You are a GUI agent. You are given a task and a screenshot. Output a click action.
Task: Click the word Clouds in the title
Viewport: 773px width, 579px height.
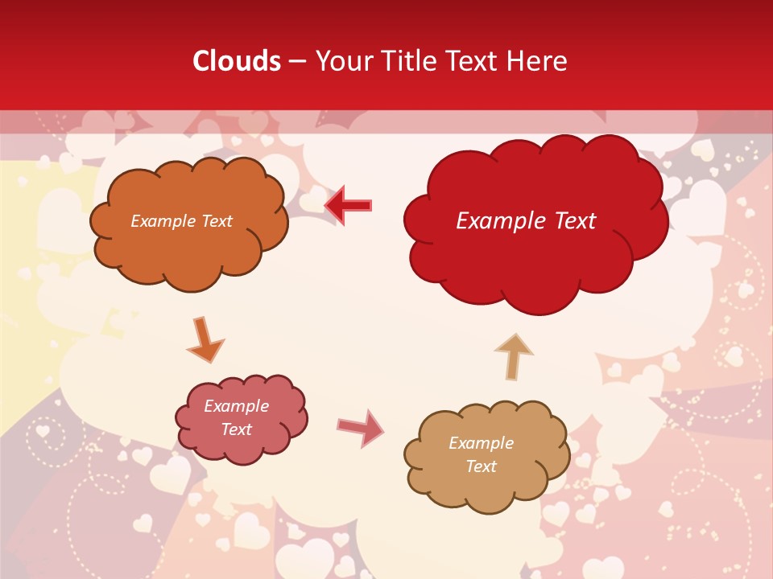click(237, 61)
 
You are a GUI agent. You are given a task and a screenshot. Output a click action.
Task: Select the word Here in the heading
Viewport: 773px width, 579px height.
click(540, 61)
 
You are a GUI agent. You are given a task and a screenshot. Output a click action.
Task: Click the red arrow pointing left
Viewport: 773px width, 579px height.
click(349, 205)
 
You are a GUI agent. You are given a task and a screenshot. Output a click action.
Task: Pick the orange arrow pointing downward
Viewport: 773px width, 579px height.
click(205, 339)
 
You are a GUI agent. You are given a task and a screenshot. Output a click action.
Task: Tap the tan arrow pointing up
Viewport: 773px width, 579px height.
click(513, 355)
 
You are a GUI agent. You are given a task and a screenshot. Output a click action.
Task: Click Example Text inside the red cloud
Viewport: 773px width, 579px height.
click(526, 221)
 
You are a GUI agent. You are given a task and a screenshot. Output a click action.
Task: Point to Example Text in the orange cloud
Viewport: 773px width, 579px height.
click(181, 221)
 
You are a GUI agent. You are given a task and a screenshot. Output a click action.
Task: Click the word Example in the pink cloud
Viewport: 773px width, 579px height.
click(236, 406)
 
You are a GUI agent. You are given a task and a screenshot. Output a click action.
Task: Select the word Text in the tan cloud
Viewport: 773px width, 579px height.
click(482, 466)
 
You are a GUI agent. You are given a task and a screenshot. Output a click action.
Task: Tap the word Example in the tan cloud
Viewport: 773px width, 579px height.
click(481, 443)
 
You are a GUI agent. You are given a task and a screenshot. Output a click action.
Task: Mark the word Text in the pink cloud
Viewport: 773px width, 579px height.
click(237, 429)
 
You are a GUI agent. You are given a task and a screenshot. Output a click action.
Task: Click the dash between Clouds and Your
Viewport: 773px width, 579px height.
click(298, 61)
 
